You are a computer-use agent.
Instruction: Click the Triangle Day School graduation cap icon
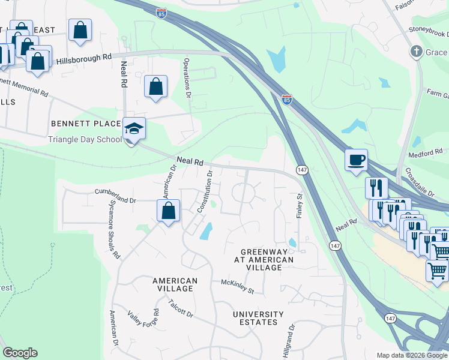[x=134, y=128]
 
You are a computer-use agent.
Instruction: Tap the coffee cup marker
[x=357, y=160]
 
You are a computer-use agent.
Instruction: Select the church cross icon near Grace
[x=416, y=52]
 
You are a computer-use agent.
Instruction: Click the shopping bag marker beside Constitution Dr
[x=169, y=211]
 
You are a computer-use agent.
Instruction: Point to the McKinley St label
[x=238, y=286]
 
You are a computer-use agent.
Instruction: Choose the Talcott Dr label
[x=180, y=308]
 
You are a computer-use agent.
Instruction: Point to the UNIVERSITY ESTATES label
[x=258, y=318]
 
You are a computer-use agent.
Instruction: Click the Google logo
[x=20, y=353]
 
